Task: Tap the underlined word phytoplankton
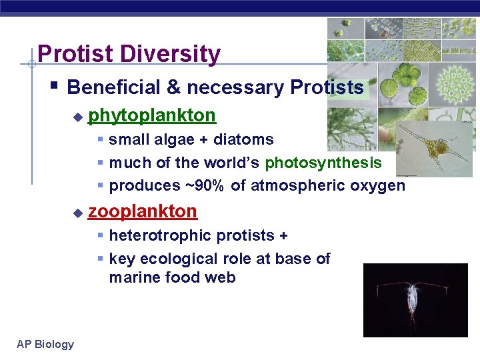click(x=152, y=115)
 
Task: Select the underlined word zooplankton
click(x=143, y=211)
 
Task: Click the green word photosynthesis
click(x=323, y=163)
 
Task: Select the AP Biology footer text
click(x=45, y=344)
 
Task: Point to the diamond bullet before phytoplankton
click(x=77, y=117)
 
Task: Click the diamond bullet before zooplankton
click(x=77, y=213)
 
